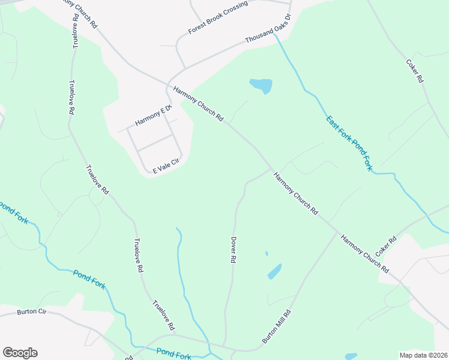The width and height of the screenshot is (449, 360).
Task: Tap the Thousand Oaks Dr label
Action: (x=268, y=29)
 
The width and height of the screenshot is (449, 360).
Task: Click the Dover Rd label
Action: (x=233, y=250)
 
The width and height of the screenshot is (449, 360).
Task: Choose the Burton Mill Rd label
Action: (x=277, y=326)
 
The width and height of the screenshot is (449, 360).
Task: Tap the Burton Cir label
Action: (x=32, y=311)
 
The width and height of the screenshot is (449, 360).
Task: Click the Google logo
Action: (x=20, y=353)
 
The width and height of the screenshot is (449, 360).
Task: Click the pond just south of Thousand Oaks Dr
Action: (x=261, y=86)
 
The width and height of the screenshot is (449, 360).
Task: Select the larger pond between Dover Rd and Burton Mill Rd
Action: (x=274, y=271)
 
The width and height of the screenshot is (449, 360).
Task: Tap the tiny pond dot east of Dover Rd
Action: (x=267, y=254)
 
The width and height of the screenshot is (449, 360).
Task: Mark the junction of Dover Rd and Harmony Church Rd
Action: (x=272, y=169)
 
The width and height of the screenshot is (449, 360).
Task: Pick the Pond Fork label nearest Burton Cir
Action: (x=89, y=280)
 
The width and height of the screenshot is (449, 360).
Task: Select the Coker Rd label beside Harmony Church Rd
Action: (x=386, y=247)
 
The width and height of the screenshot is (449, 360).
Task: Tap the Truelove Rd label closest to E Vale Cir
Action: (x=97, y=179)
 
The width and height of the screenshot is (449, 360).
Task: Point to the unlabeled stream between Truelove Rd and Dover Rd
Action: (x=181, y=264)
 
